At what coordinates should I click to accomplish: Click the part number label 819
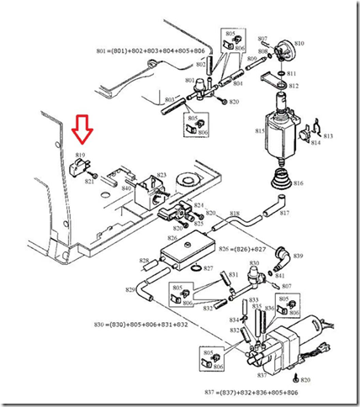81,155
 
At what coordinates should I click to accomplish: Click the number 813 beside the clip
327,135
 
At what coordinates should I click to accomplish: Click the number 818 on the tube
235,214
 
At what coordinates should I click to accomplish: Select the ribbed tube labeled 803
171,104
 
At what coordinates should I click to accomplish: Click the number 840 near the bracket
125,188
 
